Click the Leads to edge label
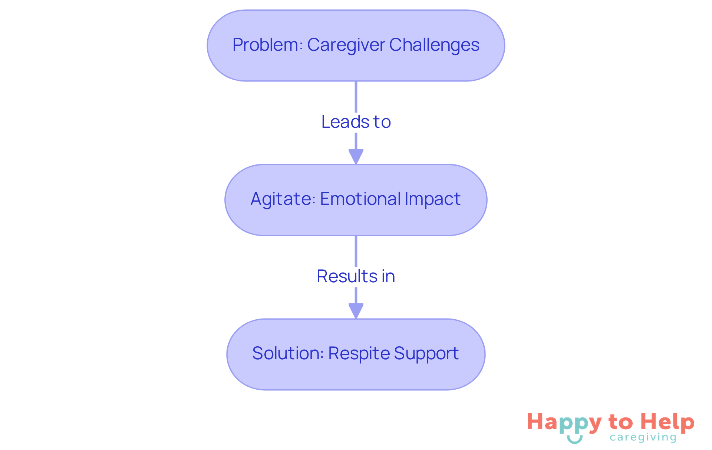(356, 122)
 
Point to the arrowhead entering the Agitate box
(356, 156)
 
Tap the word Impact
(432, 199)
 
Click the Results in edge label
(356, 276)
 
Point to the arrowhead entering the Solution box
(356, 311)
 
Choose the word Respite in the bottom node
(358, 353)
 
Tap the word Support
(426, 353)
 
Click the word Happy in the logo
(564, 423)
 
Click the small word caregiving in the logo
(643, 437)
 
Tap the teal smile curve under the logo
(575, 440)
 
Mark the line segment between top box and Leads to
(356, 96)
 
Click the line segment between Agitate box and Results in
(356, 251)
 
